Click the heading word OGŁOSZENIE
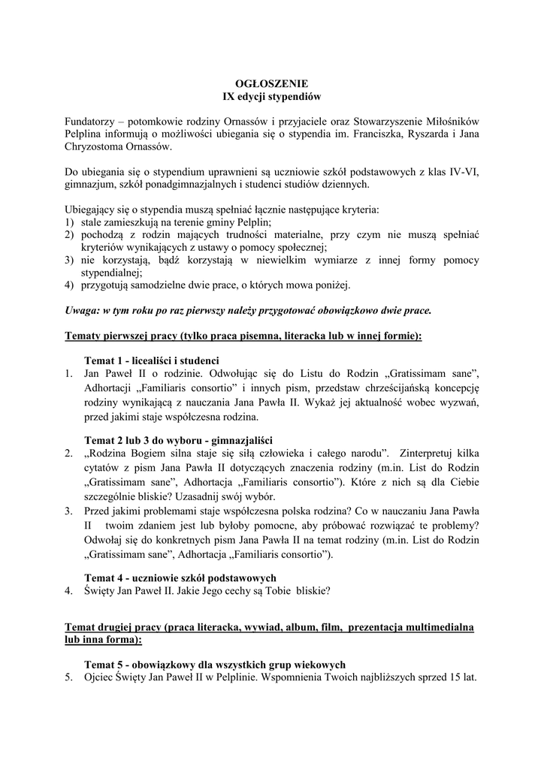point(272,83)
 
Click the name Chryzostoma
point(94,147)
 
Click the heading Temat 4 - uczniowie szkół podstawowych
point(180,578)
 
